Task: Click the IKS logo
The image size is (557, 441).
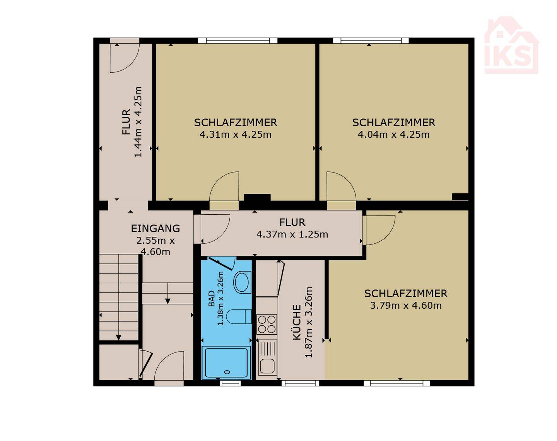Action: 511,45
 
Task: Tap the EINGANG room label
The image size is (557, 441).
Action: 155,228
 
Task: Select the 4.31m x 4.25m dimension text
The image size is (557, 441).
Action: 236,135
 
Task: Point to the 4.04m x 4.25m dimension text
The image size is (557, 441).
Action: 394,135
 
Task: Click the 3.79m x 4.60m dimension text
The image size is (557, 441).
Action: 406,306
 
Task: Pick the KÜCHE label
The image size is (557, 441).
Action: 297,322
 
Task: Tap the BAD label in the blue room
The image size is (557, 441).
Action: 212,298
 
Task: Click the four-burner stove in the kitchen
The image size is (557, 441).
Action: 267,324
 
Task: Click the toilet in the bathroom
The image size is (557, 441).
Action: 239,316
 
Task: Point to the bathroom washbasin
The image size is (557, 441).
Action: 243,282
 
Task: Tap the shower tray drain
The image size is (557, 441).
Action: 227,372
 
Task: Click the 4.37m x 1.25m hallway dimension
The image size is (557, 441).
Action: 292,234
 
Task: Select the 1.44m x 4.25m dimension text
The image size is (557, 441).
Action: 138,122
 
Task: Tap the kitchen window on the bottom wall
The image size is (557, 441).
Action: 300,383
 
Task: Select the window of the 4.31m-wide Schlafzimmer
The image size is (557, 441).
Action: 237,41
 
